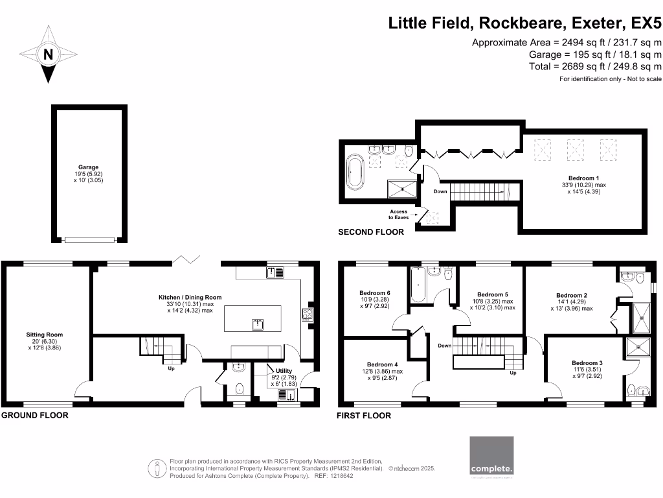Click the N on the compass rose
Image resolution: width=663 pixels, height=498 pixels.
[x=47, y=55]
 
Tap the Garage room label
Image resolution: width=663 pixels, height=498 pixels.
[x=89, y=167]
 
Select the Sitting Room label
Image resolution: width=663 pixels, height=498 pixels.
[x=45, y=335]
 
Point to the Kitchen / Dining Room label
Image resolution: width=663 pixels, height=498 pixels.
[x=190, y=298]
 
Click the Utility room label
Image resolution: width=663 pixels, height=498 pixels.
[x=285, y=372]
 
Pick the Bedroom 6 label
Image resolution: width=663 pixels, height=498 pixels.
[x=375, y=292]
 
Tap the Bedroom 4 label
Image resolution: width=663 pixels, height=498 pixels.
[x=382, y=365]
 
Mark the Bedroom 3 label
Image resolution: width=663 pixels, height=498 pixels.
[x=587, y=362]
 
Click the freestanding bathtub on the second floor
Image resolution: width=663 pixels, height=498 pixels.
[x=356, y=172]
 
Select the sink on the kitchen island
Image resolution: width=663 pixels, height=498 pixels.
[x=257, y=322]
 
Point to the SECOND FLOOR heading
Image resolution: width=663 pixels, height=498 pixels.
[x=371, y=231]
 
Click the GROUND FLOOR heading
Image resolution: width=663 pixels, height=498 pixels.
[x=34, y=415]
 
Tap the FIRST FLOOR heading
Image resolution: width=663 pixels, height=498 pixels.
[x=364, y=416]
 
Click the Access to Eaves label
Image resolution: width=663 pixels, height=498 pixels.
[x=398, y=215]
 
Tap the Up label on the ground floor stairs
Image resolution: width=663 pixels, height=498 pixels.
[x=172, y=368]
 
